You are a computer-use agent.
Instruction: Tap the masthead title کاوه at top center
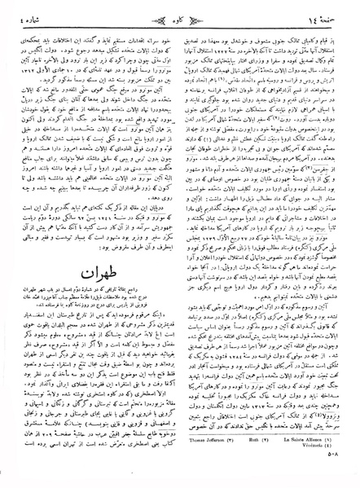pyautogui.click(x=180, y=11)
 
